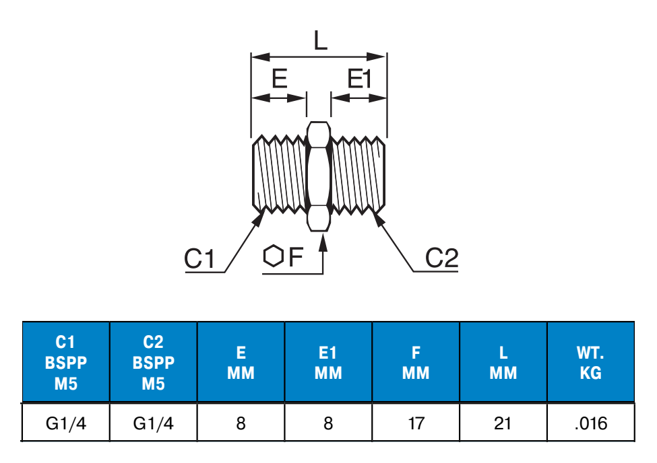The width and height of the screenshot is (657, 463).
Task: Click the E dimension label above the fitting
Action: click(x=279, y=80)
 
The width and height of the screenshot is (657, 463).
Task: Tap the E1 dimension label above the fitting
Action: click(x=360, y=80)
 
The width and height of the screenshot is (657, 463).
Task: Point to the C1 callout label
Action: click(x=199, y=259)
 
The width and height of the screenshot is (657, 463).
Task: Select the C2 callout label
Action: click(x=442, y=258)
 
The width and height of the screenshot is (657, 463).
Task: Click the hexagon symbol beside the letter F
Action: click(x=272, y=257)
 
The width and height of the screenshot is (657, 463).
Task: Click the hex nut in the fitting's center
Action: click(x=319, y=176)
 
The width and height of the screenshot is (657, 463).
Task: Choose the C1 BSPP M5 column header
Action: click(x=66, y=363)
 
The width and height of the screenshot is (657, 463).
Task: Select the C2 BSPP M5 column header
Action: click(x=154, y=363)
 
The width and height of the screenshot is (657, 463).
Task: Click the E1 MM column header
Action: click(x=328, y=363)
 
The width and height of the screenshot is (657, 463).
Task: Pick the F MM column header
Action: click(x=416, y=363)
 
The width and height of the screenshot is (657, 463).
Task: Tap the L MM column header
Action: click(x=503, y=363)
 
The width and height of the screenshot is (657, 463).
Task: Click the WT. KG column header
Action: click(x=590, y=363)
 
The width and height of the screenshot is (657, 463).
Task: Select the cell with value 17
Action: click(x=416, y=423)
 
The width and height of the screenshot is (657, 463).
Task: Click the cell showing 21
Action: click(x=503, y=423)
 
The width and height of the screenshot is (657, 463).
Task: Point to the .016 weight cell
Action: click(x=590, y=423)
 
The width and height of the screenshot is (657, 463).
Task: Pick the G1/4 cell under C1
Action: click(x=66, y=423)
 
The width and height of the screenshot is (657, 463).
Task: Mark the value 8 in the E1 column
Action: click(x=328, y=423)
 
